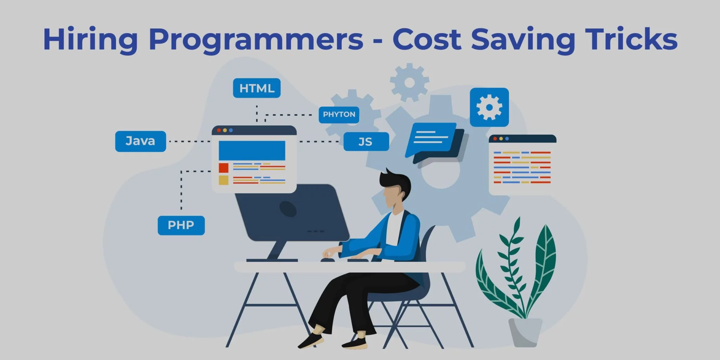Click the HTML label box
click(x=257, y=88)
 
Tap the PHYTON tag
click(x=339, y=115)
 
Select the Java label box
click(x=141, y=141)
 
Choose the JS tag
click(x=366, y=141)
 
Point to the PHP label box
click(x=181, y=225)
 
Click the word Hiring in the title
click(x=90, y=40)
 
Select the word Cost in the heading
click(x=427, y=39)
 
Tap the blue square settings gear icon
click(x=489, y=107)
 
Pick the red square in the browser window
click(x=224, y=168)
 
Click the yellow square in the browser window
click(x=224, y=180)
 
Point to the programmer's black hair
click(x=396, y=183)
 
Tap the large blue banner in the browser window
click(x=252, y=150)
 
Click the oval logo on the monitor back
click(x=288, y=209)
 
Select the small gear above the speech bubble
click(x=409, y=83)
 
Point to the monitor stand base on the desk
click(x=272, y=261)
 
